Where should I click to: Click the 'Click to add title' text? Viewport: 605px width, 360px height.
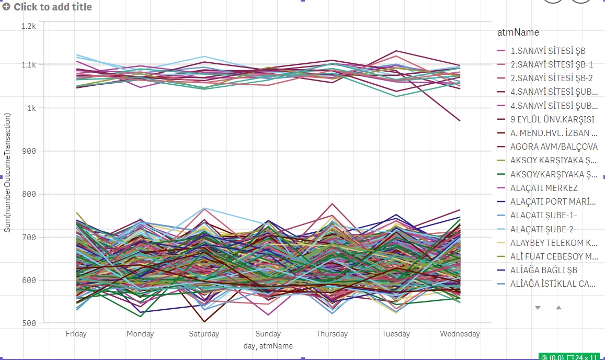(53, 7)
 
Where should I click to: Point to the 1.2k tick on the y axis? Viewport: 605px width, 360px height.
(28, 26)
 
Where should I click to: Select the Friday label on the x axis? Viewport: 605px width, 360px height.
(76, 334)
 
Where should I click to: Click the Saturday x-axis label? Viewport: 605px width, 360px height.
(204, 334)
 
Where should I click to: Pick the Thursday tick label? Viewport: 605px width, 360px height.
(332, 334)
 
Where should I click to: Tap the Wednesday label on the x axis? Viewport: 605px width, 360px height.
(460, 334)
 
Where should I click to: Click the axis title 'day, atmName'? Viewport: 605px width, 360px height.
(268, 346)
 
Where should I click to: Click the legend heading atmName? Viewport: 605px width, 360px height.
(518, 32)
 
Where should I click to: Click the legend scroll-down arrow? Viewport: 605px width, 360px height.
(538, 308)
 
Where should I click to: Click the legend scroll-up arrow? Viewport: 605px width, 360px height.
(558, 308)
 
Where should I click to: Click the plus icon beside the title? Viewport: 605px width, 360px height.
(6, 7)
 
